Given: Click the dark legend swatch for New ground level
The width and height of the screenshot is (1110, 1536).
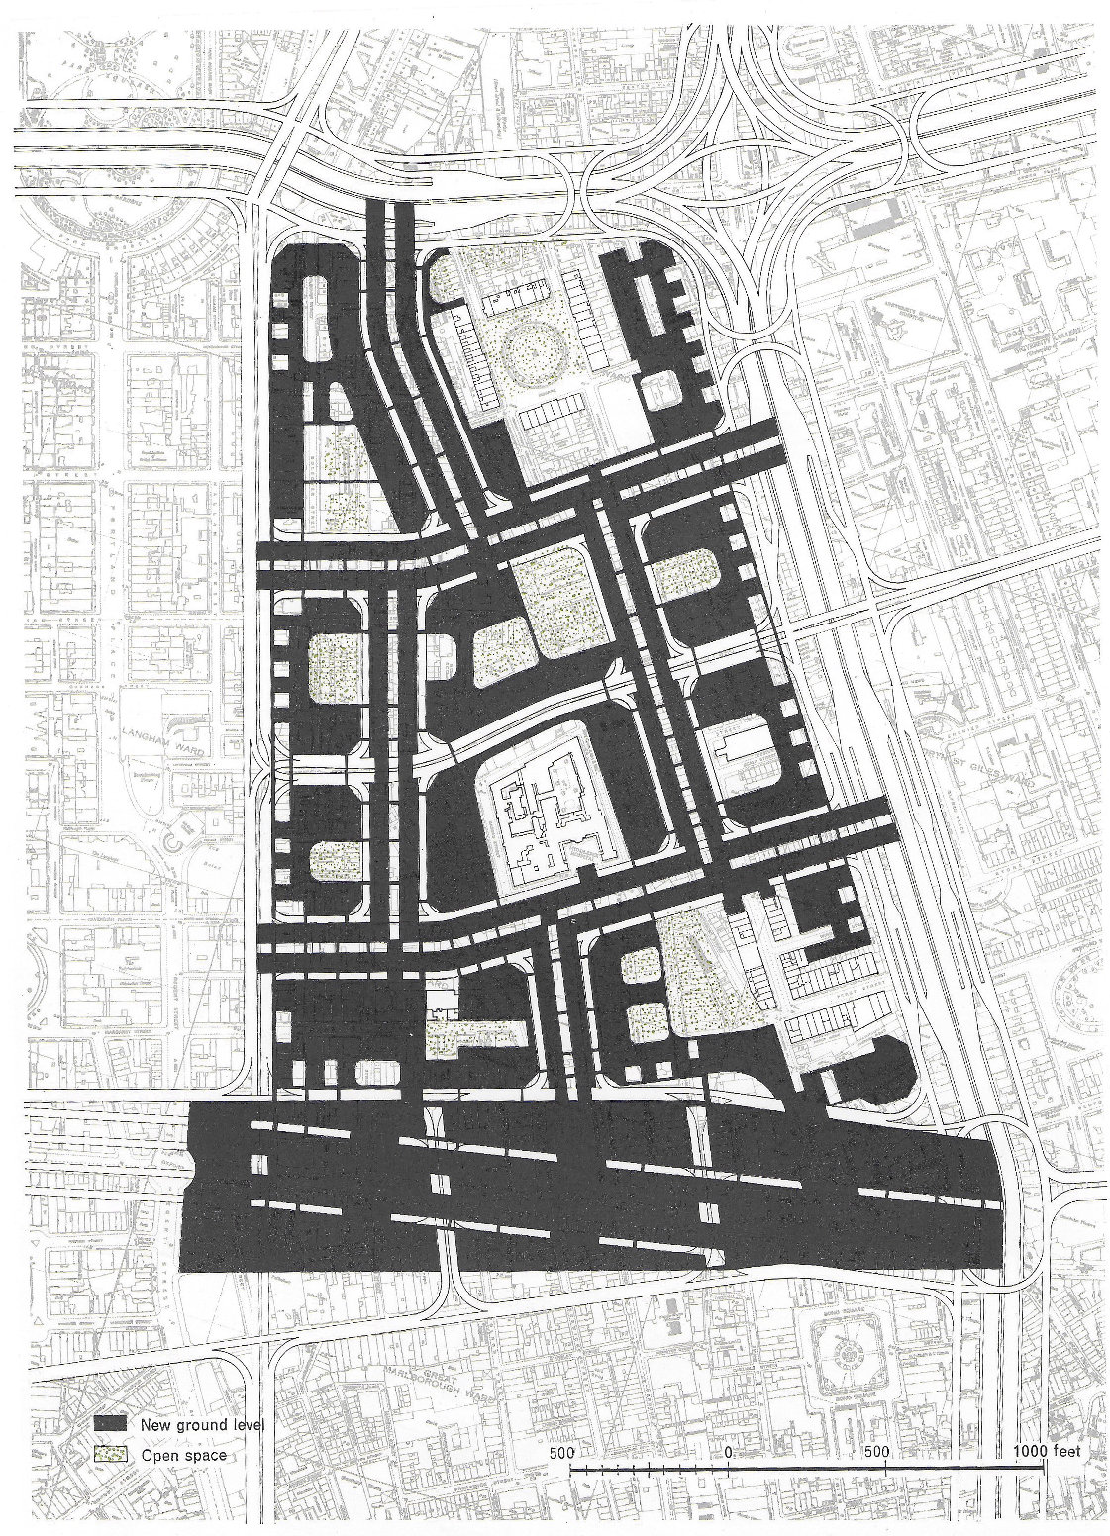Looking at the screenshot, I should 113,1423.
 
